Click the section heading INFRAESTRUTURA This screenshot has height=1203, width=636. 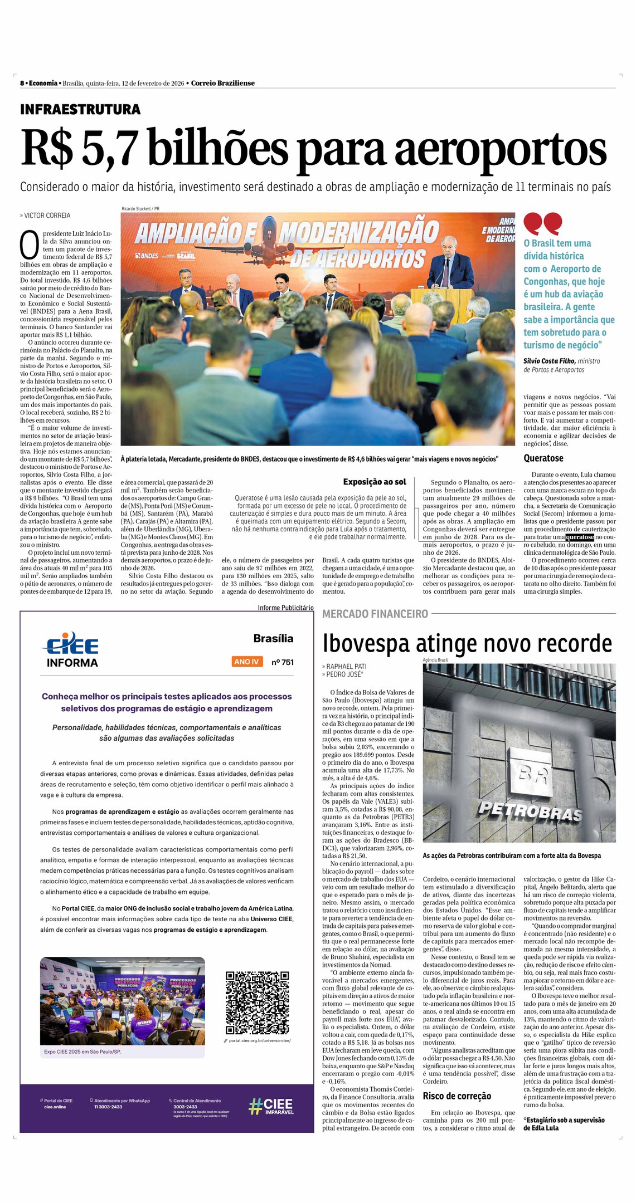click(x=80, y=110)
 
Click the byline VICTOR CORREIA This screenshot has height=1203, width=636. click(x=47, y=216)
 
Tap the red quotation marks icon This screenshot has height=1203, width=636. click(x=542, y=223)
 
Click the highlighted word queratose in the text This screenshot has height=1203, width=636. click(x=580, y=537)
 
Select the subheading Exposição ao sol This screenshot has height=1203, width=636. click(x=375, y=482)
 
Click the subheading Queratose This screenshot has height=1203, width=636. click(x=543, y=458)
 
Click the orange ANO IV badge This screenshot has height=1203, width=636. click(x=247, y=662)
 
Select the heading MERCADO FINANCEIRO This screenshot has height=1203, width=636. click(x=375, y=614)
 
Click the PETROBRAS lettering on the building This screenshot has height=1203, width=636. click(x=529, y=811)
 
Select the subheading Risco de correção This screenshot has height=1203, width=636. click(x=457, y=1096)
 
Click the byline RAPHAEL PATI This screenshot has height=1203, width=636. click(x=346, y=666)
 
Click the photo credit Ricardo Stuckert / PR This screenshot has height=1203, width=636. click(x=140, y=209)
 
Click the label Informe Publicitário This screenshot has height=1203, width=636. click(x=285, y=608)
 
